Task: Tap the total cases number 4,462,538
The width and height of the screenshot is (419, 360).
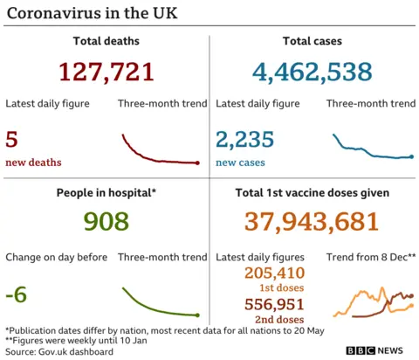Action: [x=313, y=72]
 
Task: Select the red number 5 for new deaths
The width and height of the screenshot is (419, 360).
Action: [x=11, y=139]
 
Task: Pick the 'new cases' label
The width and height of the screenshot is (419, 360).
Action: [x=241, y=163]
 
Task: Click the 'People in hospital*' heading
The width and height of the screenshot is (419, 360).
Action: [x=105, y=192]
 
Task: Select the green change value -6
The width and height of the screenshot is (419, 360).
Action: [x=16, y=294]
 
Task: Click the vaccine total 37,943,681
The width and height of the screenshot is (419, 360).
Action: [x=313, y=222]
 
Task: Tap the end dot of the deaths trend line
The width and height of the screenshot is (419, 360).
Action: [x=198, y=163]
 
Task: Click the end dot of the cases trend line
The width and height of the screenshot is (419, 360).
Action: [x=412, y=156]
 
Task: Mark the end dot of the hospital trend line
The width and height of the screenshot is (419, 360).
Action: [x=198, y=315]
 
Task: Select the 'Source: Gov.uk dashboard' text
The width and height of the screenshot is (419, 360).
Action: [x=59, y=351]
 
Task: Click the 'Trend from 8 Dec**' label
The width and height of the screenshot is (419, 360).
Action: [x=370, y=257]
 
